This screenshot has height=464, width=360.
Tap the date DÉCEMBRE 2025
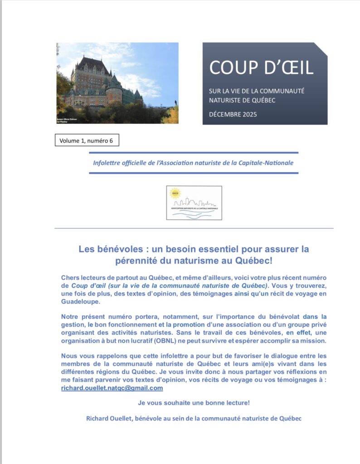[233, 114]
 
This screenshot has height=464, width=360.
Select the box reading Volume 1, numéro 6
[86, 141]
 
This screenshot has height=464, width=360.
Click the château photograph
[117, 83]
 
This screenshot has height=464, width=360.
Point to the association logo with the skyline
[194, 203]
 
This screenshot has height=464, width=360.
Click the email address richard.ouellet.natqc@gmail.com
[112, 388]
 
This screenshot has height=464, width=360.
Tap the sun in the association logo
[174, 193]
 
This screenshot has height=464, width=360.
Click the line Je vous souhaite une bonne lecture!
[194, 402]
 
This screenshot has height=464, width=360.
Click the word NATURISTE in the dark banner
[226, 100]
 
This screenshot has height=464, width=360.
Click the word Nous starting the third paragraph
[69, 356]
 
